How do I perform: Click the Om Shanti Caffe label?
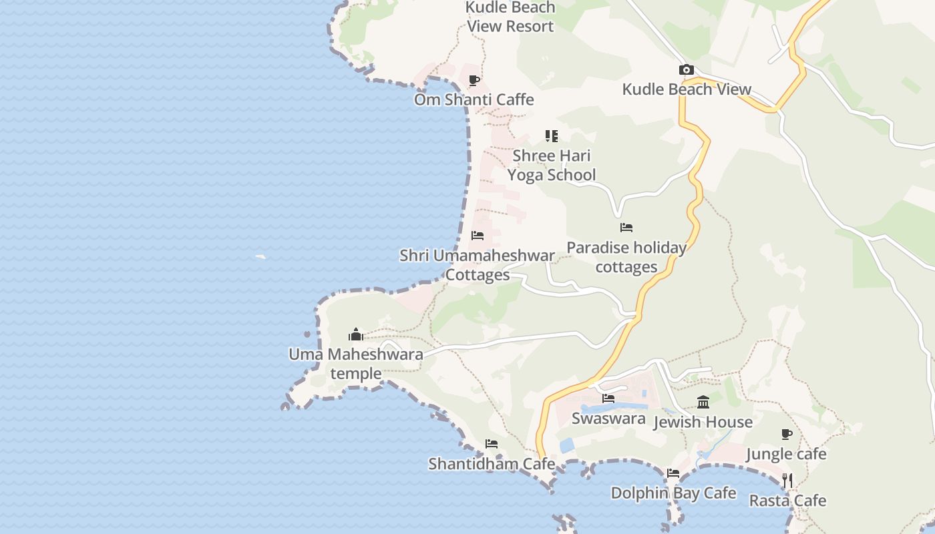tap(474, 99)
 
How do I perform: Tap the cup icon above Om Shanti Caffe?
tap(474, 81)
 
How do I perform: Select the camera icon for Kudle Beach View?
tap(686, 70)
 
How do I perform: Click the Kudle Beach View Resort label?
tap(510, 17)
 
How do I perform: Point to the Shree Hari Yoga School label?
tap(551, 165)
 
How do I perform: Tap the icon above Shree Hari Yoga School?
tap(551, 136)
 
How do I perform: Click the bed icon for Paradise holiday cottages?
tap(626, 228)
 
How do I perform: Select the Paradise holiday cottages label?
tap(626, 257)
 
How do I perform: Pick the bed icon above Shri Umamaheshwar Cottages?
tap(478, 236)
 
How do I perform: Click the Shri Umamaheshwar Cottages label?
tap(477, 265)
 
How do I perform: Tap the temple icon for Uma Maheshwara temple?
tap(356, 334)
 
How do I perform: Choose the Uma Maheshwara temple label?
tap(356, 363)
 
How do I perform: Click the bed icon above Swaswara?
tap(608, 398)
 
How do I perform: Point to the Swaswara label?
tap(608, 419)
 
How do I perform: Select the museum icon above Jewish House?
tap(703, 402)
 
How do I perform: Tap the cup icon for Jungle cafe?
tap(787, 435)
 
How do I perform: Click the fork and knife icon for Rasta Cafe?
tap(787, 481)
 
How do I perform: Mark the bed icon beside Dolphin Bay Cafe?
tap(673, 473)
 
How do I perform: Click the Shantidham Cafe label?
tap(492, 463)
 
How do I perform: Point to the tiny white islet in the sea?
tap(260, 256)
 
